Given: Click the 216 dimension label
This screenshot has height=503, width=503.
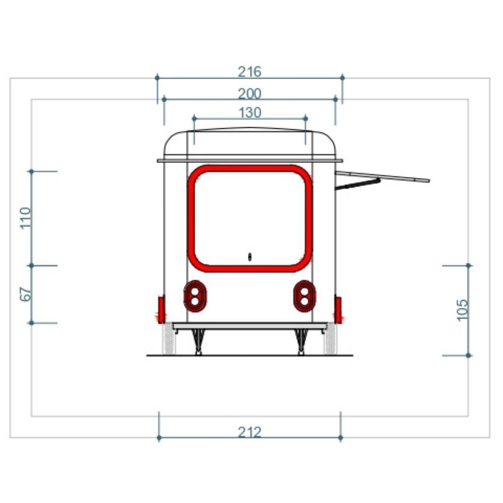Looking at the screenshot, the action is coord(249,71).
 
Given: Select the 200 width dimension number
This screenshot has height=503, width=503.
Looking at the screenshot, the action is coord(249,94).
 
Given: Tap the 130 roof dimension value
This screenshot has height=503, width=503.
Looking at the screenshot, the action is coord(250,113).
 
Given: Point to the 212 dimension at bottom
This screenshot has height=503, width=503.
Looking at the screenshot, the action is coord(249,432).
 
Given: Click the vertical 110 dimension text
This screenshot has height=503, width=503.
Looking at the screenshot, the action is coord(26,218).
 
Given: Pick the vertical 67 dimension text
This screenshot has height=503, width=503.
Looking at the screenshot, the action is coord(26,294).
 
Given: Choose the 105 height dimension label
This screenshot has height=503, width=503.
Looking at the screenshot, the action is coord(462,310).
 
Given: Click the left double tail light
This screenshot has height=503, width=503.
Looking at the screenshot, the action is coord(195,296).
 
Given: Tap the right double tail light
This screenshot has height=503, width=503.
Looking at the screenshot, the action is coord(304,296).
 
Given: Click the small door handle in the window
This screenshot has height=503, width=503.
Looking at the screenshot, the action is coord(250,257).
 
